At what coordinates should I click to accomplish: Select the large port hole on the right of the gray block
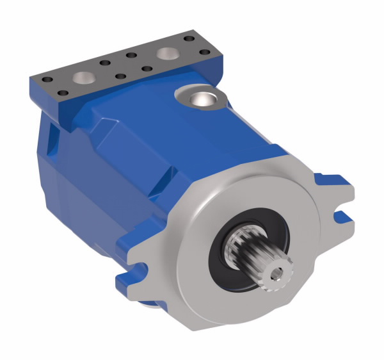[169, 54]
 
